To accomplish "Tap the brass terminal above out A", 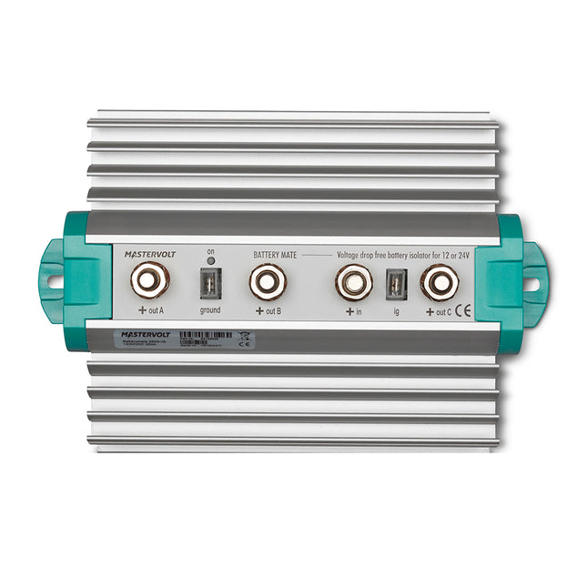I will pyautogui.click(x=151, y=281).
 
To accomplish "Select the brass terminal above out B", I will pyautogui.click(x=268, y=282).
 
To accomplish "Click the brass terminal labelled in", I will pyautogui.click(x=353, y=282).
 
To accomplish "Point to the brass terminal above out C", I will pyautogui.click(x=439, y=282).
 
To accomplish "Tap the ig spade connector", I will pyautogui.click(x=395, y=285).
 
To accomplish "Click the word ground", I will pyautogui.click(x=209, y=310).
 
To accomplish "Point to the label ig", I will pyautogui.click(x=395, y=310).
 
